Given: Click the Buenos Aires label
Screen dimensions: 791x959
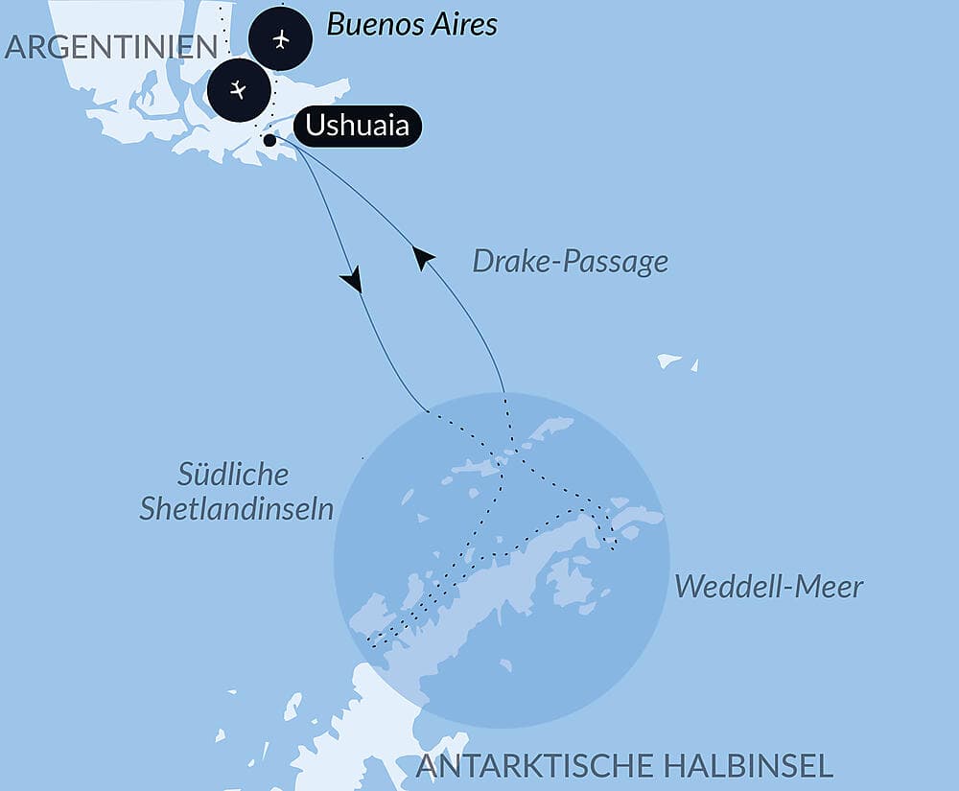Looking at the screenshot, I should click(x=412, y=24).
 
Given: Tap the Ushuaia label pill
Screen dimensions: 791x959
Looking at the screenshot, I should click(x=358, y=127).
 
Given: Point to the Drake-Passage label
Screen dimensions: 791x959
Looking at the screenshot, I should click(x=571, y=262).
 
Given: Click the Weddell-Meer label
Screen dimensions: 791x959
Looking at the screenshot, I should click(x=769, y=586).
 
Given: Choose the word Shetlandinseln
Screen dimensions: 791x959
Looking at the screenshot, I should click(x=236, y=509).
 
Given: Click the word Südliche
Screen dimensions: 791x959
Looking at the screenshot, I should click(x=233, y=474).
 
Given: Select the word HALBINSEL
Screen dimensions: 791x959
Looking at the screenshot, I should click(x=746, y=766).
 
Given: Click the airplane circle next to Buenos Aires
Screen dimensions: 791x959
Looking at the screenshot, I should click(x=280, y=39).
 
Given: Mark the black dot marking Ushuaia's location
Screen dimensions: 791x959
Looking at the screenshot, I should click(x=269, y=141).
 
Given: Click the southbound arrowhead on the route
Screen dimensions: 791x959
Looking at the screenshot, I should click(x=352, y=279).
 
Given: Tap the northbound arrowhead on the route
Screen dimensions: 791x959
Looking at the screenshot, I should click(x=422, y=256).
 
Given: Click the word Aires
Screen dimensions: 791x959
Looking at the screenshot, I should click(x=463, y=24).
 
